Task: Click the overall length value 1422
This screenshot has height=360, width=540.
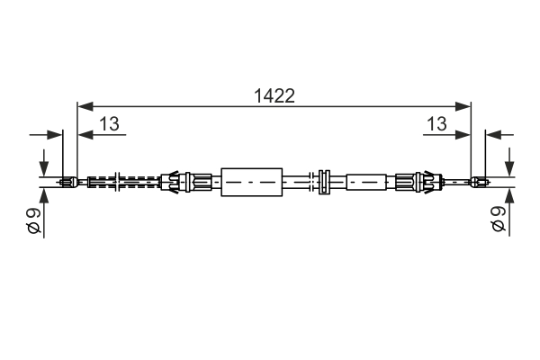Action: click(274, 95)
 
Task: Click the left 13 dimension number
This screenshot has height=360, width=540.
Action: click(109, 123)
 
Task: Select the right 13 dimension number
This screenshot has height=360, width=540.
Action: click(436, 123)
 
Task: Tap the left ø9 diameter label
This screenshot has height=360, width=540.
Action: click(34, 220)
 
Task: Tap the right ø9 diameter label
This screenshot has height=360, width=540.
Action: click(499, 219)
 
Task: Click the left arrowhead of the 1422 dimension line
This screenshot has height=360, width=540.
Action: click(85, 106)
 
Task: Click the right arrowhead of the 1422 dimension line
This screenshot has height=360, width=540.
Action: click(463, 106)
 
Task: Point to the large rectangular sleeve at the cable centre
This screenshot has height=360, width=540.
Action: click(252, 182)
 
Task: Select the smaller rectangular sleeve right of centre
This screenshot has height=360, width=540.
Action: click(366, 182)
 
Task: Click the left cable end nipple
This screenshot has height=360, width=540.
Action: click(69, 182)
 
